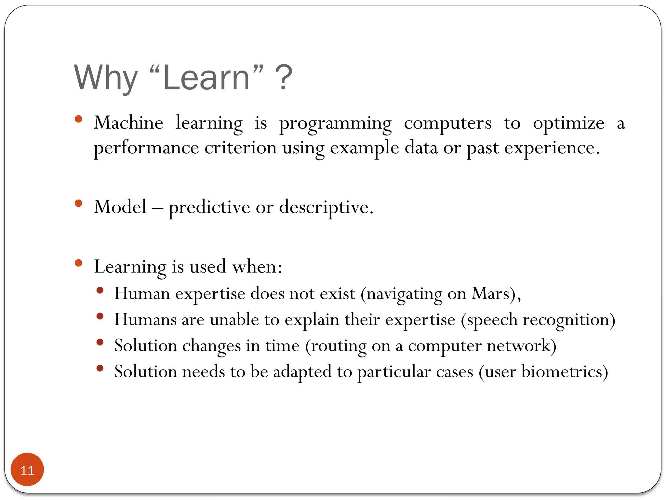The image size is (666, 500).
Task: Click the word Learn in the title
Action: coord(206,78)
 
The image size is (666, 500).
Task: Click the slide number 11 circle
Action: coord(27,470)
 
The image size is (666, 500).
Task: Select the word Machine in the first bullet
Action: coord(128,123)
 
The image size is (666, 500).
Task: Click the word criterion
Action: coord(240,148)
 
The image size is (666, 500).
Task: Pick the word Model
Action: coord(120,207)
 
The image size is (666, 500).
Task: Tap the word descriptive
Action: coord(326,207)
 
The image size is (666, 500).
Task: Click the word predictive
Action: coord(209,207)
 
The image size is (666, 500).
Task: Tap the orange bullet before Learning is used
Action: coord(78,263)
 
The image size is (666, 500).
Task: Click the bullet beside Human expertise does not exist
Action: coord(100,290)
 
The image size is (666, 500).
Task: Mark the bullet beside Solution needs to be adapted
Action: coord(100,368)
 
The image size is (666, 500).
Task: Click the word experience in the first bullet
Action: coord(551,148)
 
